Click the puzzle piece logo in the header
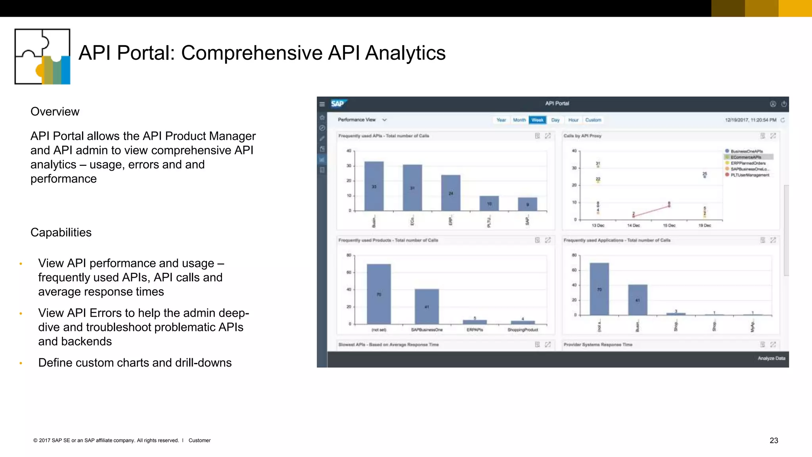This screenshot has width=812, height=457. [42, 56]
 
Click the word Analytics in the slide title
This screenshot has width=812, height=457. [405, 53]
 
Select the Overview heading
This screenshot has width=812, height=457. [55, 111]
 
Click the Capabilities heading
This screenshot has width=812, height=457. [61, 232]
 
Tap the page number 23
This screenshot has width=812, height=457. [774, 440]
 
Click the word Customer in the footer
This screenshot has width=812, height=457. [199, 440]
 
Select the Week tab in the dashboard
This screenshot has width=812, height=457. [537, 120]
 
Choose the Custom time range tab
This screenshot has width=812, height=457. [593, 120]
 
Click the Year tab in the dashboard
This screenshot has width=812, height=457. [501, 120]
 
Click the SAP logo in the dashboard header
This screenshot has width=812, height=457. [338, 104]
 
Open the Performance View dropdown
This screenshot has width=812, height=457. [362, 120]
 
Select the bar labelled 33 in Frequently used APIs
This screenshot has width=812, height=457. [374, 186]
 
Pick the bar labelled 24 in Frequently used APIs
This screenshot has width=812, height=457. [451, 193]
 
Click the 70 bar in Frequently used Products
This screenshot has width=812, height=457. [379, 294]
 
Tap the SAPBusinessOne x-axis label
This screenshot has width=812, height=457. [427, 330]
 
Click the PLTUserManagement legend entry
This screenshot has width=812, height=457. [749, 175]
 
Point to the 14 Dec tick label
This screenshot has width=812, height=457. [633, 225]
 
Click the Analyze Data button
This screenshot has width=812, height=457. [771, 358]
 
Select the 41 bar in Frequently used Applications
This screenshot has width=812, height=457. [638, 300]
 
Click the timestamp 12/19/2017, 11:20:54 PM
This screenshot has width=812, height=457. [750, 120]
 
